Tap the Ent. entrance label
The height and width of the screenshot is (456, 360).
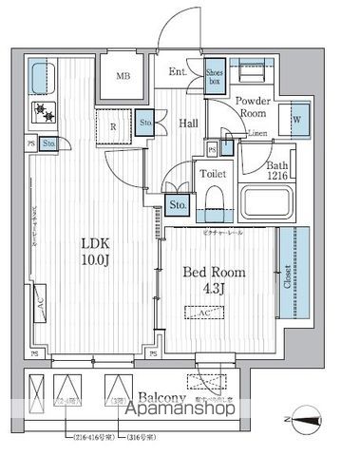pos(178,72)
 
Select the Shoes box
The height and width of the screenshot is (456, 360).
pos(215,73)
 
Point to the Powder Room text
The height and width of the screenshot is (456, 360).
pos(254,106)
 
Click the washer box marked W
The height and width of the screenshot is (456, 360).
pos(296,120)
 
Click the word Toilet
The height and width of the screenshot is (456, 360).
pos(211,174)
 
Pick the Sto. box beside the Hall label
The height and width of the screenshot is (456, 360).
pos(147,123)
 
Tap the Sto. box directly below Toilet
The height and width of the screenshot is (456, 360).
pos(178,203)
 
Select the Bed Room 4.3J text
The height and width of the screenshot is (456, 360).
pos(215,279)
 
